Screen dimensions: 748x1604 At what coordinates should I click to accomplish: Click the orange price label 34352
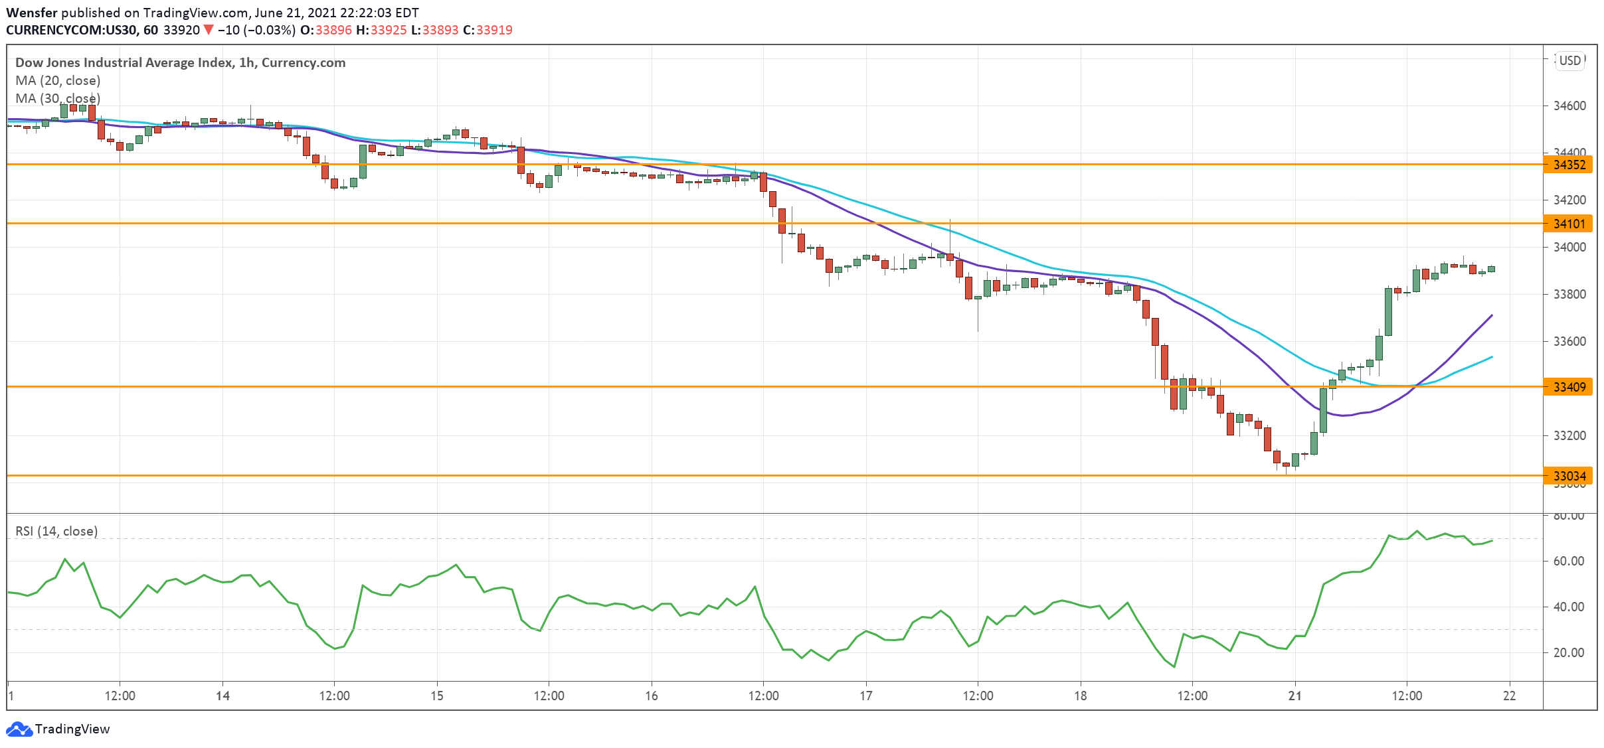pos(1569,165)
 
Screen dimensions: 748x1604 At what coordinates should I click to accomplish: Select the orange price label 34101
pos(1569,224)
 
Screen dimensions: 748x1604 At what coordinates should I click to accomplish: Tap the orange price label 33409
pos(1569,387)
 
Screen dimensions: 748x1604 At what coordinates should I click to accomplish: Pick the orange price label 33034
pos(1569,476)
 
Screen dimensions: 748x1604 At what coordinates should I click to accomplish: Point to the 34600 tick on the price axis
pos(1569,106)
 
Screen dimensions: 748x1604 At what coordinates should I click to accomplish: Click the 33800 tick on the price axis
pos(1569,294)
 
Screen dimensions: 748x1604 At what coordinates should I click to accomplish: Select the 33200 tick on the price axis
pos(1569,435)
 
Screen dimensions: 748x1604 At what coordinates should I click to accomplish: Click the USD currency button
pos(1570,60)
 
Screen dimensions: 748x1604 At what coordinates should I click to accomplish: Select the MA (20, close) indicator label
pos(58,80)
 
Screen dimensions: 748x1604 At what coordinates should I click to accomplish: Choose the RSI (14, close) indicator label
pos(56,531)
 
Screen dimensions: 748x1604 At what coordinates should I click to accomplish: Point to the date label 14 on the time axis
pos(223,696)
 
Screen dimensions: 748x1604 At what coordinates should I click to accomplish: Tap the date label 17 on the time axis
pos(866,696)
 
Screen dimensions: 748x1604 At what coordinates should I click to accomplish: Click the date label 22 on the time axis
pos(1510,696)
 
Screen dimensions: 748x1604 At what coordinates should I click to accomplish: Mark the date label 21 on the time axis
pos(1294,696)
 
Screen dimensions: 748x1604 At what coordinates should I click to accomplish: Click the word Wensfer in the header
pos(32,13)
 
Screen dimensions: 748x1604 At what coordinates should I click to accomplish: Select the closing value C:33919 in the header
pos(488,30)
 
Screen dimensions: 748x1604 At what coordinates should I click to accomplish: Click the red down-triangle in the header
pos(209,30)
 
